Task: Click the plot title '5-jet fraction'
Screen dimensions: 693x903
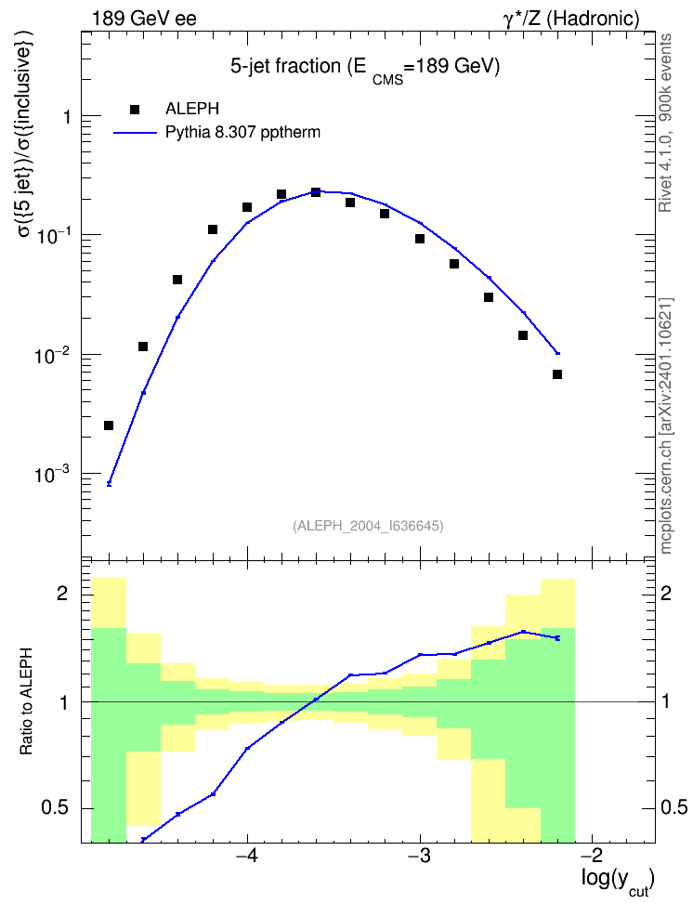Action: pyautogui.click(x=285, y=66)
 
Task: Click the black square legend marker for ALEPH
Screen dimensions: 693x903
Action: pyautogui.click(x=135, y=109)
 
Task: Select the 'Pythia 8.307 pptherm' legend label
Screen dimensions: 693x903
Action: pyautogui.click(x=242, y=133)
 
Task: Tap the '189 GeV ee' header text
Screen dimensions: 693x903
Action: pyautogui.click(x=144, y=19)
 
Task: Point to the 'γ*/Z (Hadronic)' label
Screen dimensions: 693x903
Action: pyautogui.click(x=571, y=19)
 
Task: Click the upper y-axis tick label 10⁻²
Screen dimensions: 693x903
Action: pyautogui.click(x=50, y=355)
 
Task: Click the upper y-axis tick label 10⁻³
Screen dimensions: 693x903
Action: pyautogui.click(x=50, y=475)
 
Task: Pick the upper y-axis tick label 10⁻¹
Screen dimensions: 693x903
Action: pyautogui.click(x=50, y=235)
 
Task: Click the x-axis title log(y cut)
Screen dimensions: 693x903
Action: pyautogui.click(x=618, y=881)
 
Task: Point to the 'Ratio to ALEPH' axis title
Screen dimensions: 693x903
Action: pyautogui.click(x=26, y=701)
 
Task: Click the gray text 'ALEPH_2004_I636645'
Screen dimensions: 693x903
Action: pyautogui.click(x=368, y=526)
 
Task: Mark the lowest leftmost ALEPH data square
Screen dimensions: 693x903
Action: pyautogui.click(x=109, y=425)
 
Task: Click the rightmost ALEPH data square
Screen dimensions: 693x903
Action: pyautogui.click(x=557, y=374)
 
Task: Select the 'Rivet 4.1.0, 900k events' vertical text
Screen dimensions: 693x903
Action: pyautogui.click(x=665, y=123)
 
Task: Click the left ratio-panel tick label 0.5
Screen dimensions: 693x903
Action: pyautogui.click(x=56, y=808)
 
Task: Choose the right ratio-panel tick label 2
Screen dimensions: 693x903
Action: pyautogui.click(x=666, y=593)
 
